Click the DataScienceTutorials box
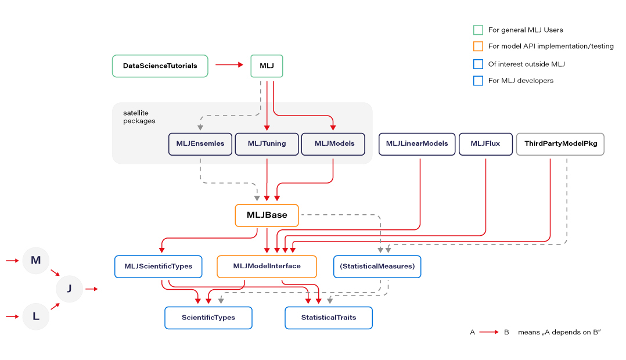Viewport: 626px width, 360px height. tap(160, 66)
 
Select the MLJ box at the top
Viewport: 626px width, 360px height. tap(267, 66)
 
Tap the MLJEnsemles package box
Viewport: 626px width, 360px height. tap(200, 144)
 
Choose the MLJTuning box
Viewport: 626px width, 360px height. tap(267, 144)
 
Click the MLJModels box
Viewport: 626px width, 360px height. tap(333, 144)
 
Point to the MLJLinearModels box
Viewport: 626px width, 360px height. tap(417, 144)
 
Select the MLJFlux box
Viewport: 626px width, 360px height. tap(485, 144)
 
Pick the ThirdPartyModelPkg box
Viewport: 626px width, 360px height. tap(560, 144)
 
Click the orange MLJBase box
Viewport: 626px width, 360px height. tap(267, 215)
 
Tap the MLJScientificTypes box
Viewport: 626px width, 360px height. tap(158, 267)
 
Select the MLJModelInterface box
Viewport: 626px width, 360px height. tap(267, 267)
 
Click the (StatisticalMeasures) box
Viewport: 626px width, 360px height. tap(377, 267)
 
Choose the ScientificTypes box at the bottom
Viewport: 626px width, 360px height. tap(208, 318)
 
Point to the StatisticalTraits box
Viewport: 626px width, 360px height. tap(328, 318)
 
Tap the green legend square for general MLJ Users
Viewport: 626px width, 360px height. tap(479, 30)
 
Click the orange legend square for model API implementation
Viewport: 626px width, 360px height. tap(479, 46)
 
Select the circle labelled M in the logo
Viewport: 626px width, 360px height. tap(36, 261)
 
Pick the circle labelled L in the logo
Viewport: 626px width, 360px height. tap(36, 316)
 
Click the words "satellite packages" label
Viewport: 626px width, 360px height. tap(139, 117)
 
